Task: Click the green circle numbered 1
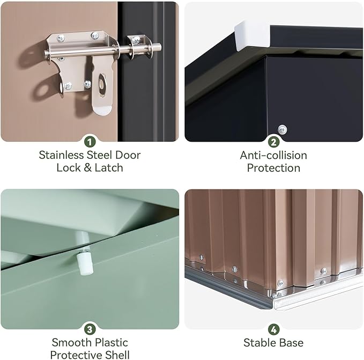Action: pos(90,142)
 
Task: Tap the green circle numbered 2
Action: pos(274,142)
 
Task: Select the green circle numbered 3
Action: pos(90,329)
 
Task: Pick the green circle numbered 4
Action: pos(274,329)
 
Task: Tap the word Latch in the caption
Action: pos(109,168)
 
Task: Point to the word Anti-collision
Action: pos(273,156)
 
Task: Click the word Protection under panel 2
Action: pos(273,168)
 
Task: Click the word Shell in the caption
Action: pos(117,355)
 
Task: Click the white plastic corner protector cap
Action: pos(252,35)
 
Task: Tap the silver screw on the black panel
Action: pos(283,129)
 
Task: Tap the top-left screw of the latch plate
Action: pos(61,38)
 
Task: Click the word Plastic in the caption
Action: pos(112,343)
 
